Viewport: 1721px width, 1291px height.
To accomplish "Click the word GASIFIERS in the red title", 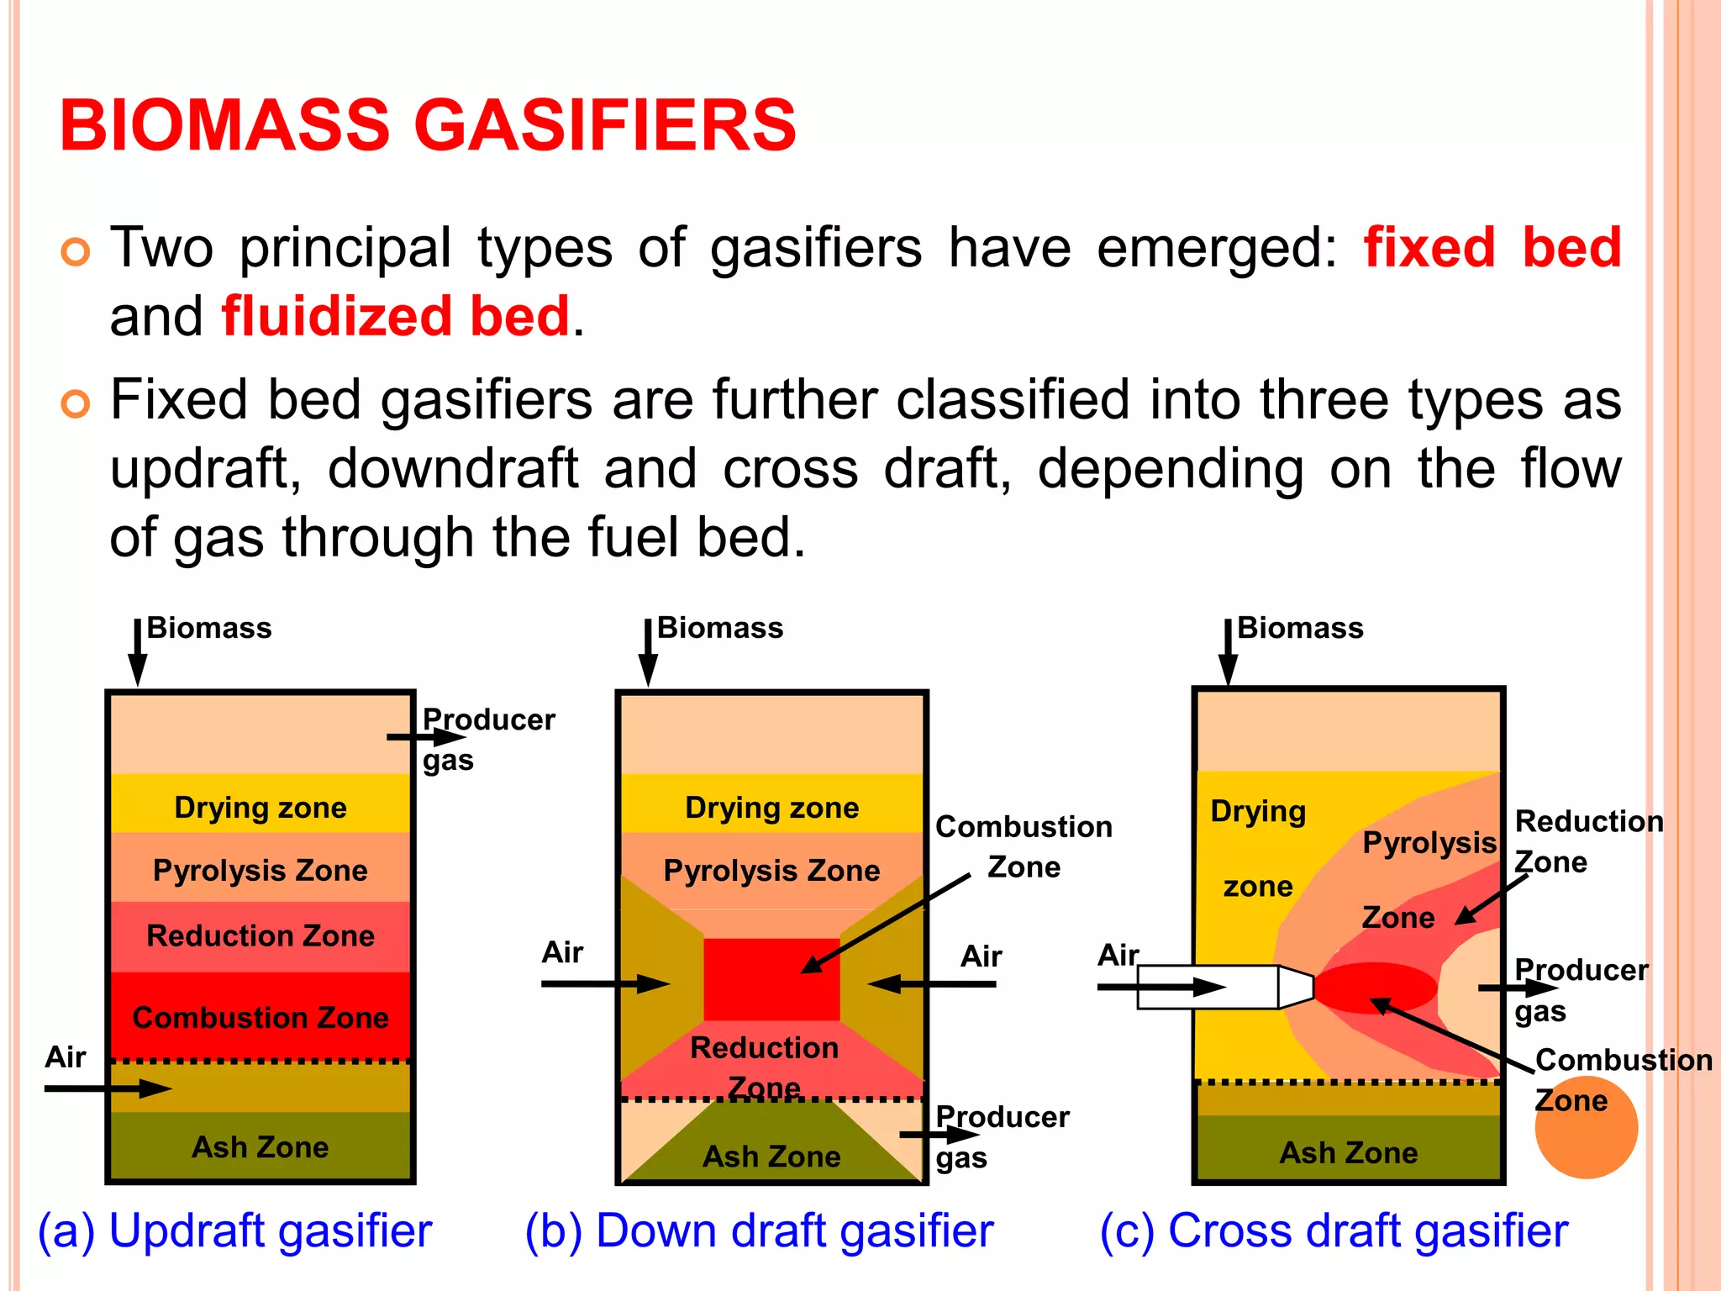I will [x=604, y=125].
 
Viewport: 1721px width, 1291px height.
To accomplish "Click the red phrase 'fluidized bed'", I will [x=396, y=316].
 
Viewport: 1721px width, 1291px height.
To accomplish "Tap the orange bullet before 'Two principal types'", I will [x=76, y=251].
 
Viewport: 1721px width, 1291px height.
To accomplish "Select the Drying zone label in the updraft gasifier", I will [x=261, y=808].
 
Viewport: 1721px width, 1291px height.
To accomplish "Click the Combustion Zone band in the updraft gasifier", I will [x=261, y=1017].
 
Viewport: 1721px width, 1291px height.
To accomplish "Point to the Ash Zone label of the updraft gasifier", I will [x=261, y=1146].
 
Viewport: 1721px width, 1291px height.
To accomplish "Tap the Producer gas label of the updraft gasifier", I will [x=487, y=740].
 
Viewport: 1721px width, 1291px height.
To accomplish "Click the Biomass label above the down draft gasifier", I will [x=719, y=628].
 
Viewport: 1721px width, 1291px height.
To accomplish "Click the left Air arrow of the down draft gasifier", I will [x=605, y=983].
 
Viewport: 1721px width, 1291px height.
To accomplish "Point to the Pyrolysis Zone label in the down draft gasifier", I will [x=771, y=871].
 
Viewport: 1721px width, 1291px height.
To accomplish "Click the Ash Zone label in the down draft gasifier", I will [x=771, y=1157].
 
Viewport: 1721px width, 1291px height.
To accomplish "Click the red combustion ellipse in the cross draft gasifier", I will [x=1376, y=988].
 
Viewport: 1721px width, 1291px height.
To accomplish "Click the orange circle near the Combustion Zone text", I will [x=1587, y=1128].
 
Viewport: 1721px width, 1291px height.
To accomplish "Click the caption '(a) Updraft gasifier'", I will [x=235, y=1231].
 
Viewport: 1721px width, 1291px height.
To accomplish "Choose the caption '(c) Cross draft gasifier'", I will [x=1334, y=1231].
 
